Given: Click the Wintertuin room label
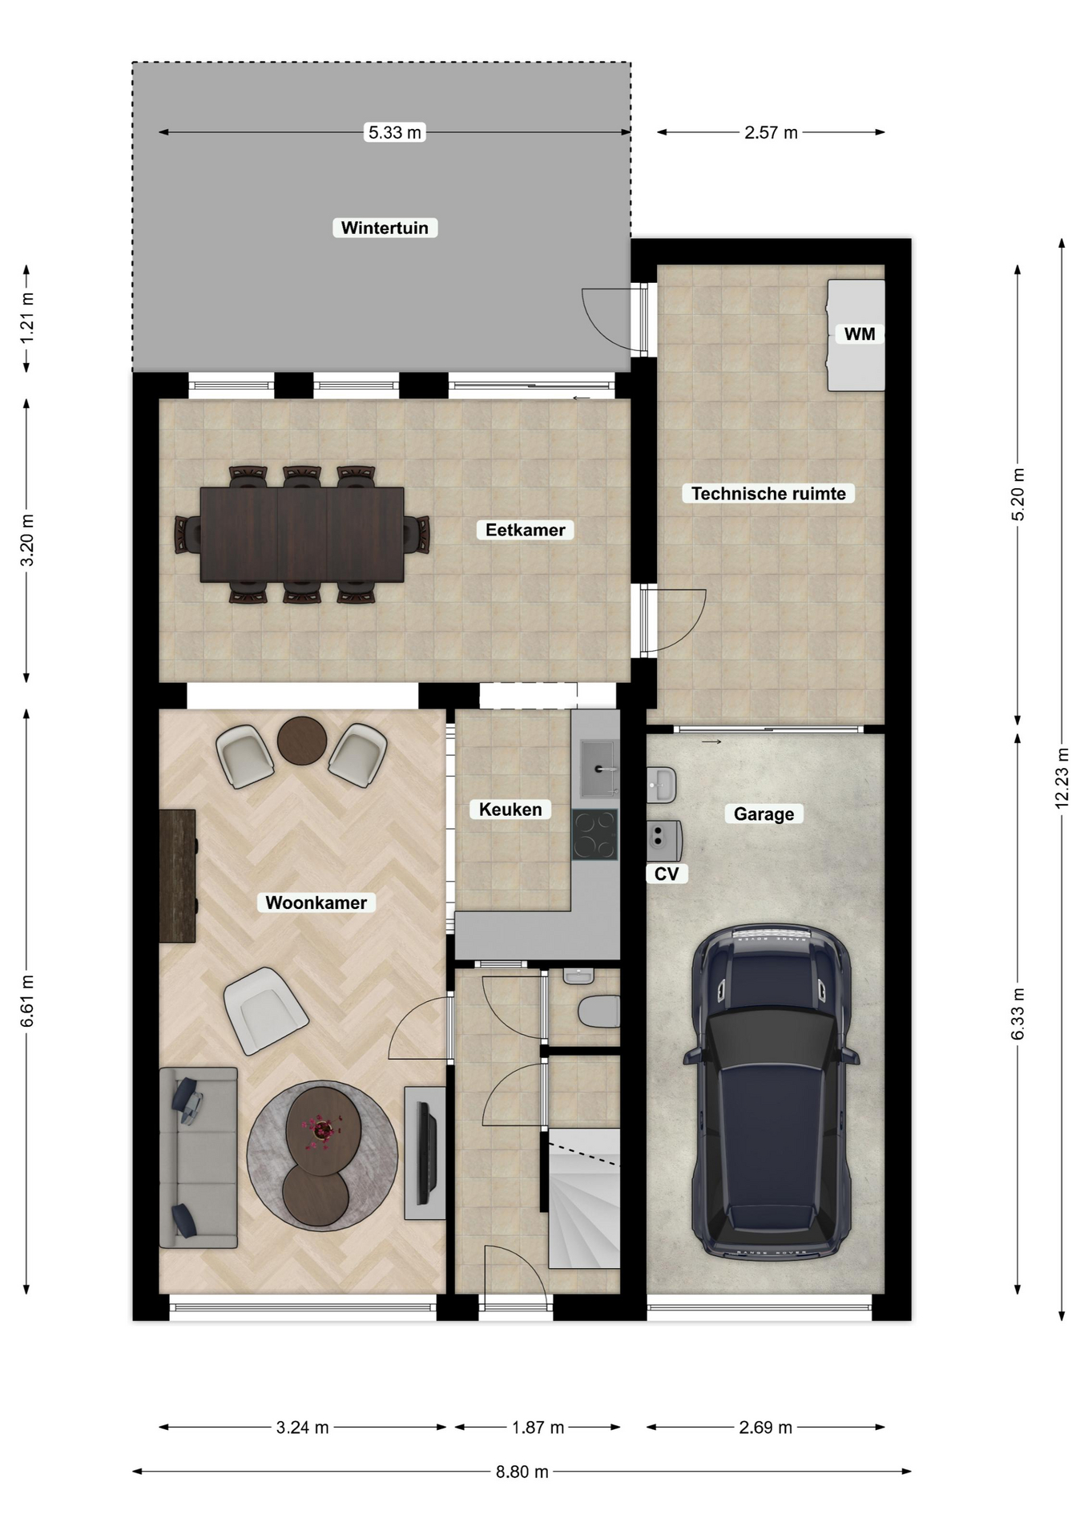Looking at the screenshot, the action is point(385,228).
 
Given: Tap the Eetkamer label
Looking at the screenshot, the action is point(525,530).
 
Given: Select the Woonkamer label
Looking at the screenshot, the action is point(316,903).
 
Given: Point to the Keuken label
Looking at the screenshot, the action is point(510,810).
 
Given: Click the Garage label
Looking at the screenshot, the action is point(764,814).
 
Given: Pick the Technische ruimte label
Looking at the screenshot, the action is point(768,494).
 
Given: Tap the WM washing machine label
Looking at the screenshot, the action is point(860,334).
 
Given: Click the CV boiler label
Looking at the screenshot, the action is point(667,874).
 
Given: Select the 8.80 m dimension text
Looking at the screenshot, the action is point(522,1472).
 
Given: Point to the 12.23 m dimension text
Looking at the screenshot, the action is point(1062,777).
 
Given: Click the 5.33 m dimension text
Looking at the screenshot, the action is point(394,132).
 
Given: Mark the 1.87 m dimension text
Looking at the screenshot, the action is point(538,1428).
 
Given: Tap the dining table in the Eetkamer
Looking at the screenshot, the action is point(302,535).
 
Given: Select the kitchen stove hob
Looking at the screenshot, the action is point(594,834).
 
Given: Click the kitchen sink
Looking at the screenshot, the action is point(599,769).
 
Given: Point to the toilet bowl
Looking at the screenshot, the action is point(599,1012).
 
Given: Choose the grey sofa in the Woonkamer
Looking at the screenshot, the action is point(198,1157).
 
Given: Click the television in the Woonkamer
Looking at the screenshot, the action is point(426,1153).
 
